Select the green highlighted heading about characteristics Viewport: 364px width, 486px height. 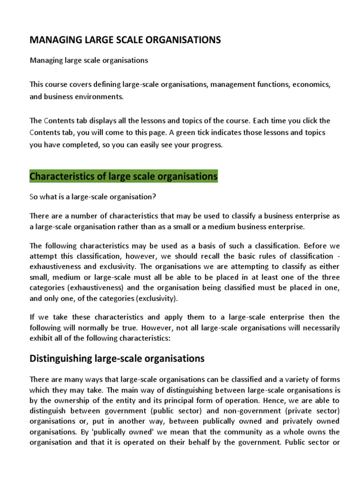click(x=123, y=177)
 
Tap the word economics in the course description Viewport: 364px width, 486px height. click(x=311, y=84)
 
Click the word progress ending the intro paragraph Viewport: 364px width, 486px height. click(x=207, y=145)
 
